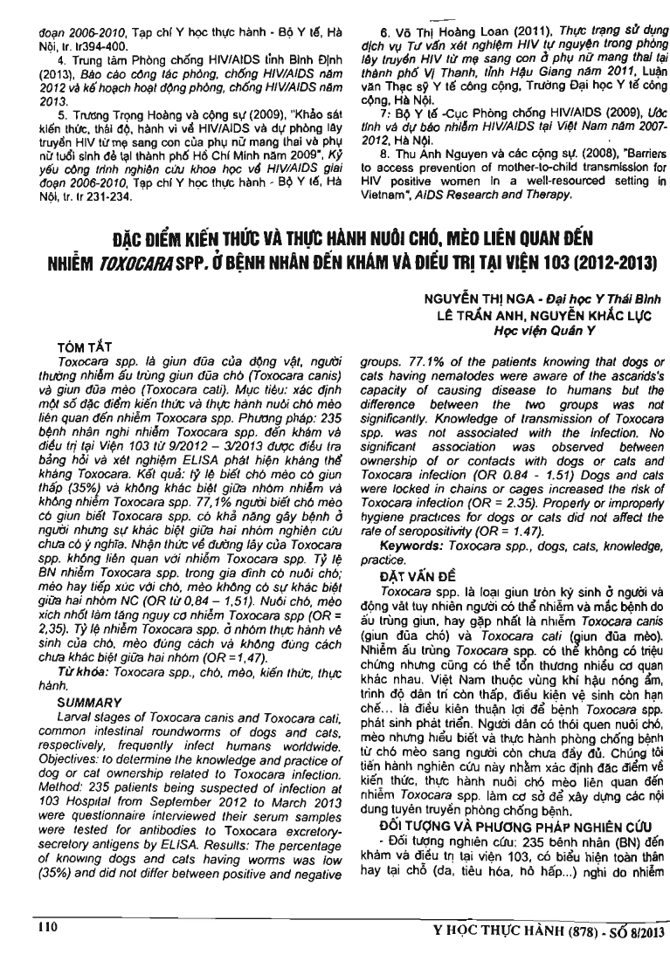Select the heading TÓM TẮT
(81, 347)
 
